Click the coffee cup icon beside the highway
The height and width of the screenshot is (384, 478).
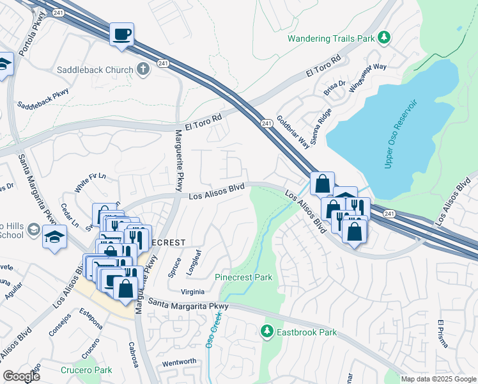click(121, 34)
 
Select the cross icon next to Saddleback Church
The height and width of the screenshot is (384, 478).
click(143, 69)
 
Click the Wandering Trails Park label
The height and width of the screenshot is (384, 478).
click(330, 38)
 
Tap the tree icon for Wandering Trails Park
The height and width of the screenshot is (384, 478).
click(384, 38)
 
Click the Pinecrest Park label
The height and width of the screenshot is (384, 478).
click(243, 278)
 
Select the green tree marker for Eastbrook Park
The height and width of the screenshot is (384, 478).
click(266, 332)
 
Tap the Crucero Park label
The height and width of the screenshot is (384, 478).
click(86, 370)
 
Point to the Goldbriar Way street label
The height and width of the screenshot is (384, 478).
click(293, 132)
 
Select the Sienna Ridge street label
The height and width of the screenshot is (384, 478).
click(325, 124)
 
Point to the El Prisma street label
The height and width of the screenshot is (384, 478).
click(443, 334)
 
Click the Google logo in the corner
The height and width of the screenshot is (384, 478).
click(21, 376)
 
